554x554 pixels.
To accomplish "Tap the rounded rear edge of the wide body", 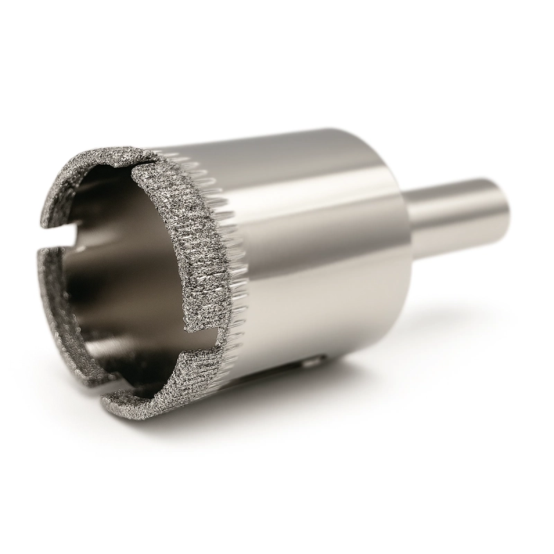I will pyautogui.click(x=398, y=173).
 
